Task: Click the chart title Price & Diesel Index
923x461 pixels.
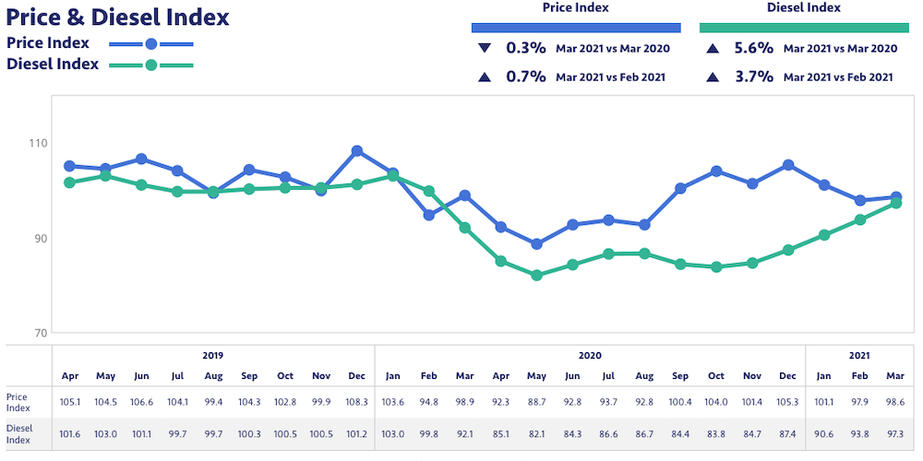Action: [x=117, y=17]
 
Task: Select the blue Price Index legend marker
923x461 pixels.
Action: [x=150, y=43]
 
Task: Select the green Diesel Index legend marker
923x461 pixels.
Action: [x=150, y=65]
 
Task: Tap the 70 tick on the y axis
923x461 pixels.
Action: [x=39, y=333]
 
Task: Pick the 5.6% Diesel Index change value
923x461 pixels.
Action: [x=753, y=49]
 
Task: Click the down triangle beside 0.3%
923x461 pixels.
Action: [x=484, y=49]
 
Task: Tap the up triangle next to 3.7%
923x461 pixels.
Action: [x=712, y=77]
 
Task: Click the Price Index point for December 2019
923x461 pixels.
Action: [x=357, y=151]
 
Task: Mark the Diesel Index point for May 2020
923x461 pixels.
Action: [x=536, y=275]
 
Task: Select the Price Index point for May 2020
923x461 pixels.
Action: [x=536, y=244]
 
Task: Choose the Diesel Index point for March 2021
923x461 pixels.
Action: [x=895, y=203]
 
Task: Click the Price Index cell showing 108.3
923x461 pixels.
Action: [x=357, y=401]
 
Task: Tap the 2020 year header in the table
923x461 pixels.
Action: [x=590, y=355]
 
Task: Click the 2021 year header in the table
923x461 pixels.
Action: [x=859, y=355]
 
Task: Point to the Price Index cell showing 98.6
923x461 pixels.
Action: [x=895, y=401]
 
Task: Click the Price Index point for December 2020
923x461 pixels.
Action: [x=788, y=165]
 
